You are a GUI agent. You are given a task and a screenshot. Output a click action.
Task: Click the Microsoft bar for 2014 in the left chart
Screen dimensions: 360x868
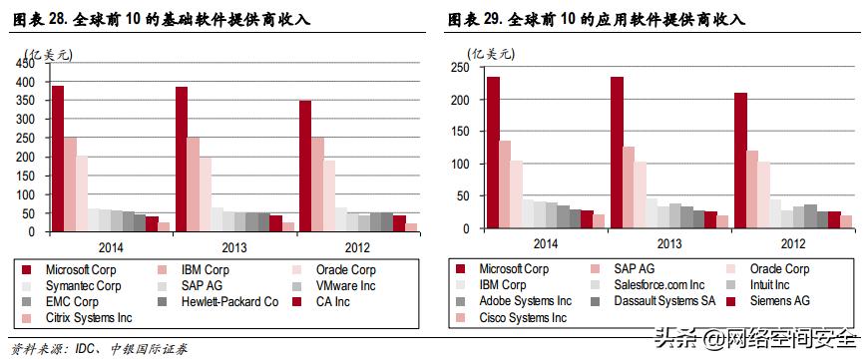pyautogui.click(x=58, y=160)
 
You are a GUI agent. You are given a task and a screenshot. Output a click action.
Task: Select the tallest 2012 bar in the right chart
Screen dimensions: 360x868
pyautogui.click(x=741, y=161)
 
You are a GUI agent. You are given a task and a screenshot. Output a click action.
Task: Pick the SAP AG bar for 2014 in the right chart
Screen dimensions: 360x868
pyautogui.click(x=505, y=184)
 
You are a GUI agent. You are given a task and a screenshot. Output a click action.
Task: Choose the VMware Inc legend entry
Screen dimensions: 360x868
pyautogui.click(x=344, y=285)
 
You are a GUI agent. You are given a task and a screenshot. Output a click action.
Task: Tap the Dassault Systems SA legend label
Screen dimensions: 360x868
pyautogui.click(x=664, y=301)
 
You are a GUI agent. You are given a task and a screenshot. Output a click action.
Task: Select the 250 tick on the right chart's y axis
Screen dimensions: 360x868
pyautogui.click(x=460, y=68)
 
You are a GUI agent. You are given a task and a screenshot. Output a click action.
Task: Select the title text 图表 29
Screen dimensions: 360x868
pyautogui.click(x=475, y=19)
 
